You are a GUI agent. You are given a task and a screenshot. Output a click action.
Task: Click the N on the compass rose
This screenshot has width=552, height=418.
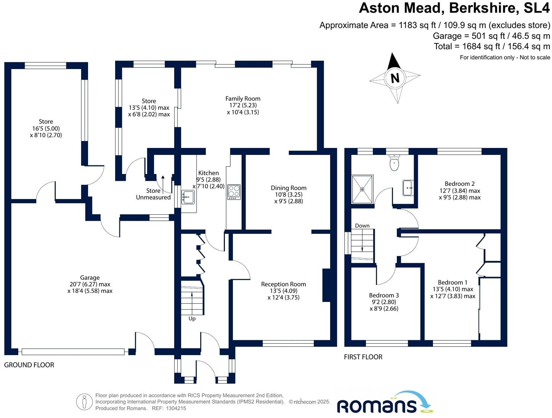tap(395, 78)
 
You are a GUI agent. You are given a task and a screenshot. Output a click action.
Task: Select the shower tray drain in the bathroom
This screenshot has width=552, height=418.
tap(362, 189)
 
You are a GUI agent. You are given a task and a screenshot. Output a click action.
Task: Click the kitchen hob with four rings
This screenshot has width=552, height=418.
tap(234, 192)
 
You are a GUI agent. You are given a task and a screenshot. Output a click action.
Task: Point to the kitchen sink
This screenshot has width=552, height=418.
tap(188, 197)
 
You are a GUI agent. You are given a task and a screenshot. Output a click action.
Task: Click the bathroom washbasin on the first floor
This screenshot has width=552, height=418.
tap(408, 188)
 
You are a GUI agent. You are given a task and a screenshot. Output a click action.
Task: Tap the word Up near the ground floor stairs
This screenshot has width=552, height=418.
tap(192, 319)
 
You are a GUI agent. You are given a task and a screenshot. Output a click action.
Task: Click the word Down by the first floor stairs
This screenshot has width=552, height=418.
tap(362, 226)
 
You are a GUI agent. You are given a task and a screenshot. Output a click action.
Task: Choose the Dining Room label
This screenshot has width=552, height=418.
tap(289, 188)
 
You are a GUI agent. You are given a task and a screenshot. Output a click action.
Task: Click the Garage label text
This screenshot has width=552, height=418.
tap(90, 278)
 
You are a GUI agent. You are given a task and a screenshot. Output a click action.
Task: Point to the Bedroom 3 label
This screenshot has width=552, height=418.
tap(384, 295)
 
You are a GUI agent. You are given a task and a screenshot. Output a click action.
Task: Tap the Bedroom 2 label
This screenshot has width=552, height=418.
tap(459, 184)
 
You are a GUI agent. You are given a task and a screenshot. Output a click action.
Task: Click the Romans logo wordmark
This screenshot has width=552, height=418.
tap(377, 406)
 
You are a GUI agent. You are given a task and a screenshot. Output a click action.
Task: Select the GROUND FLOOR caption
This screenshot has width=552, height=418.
tap(29, 365)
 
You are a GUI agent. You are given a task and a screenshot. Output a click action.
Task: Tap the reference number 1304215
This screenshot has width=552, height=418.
tap(176, 408)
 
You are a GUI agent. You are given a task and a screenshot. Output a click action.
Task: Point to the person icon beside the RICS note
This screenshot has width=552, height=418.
tap(84, 402)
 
